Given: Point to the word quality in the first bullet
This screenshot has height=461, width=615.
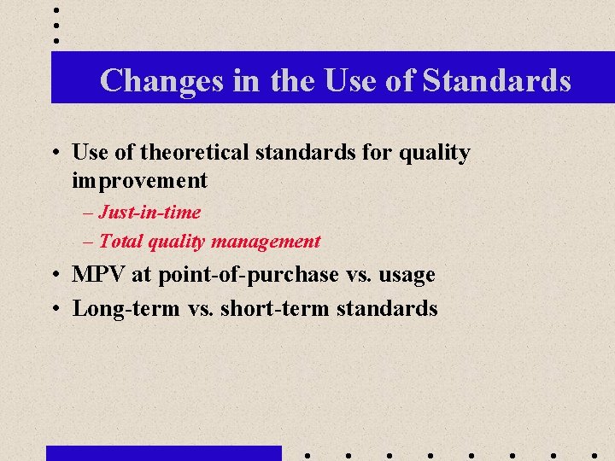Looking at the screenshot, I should click(x=436, y=153).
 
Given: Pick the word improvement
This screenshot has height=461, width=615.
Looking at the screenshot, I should click(x=140, y=180).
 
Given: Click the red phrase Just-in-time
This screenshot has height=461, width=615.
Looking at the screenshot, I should click(x=149, y=212).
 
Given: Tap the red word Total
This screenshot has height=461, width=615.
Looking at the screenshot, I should click(x=120, y=242).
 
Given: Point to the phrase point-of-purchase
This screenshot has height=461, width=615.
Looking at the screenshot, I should click(x=248, y=275).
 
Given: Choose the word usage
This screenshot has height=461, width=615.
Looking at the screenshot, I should click(x=406, y=275).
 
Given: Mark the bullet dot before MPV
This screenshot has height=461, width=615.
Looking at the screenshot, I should click(x=55, y=276).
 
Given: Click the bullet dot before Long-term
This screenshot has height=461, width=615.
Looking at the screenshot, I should click(x=55, y=309).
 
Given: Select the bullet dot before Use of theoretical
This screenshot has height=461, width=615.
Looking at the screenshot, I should click(x=55, y=154).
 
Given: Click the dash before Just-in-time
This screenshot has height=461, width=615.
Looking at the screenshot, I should click(x=89, y=213).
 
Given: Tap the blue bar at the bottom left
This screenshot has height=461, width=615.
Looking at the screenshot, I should click(x=163, y=452).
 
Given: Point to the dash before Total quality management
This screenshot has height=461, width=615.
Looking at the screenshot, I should click(x=89, y=242).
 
